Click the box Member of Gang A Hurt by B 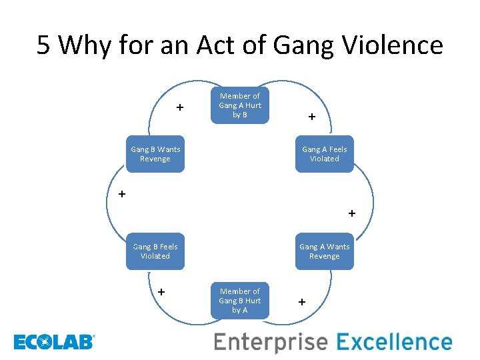(x=240, y=105)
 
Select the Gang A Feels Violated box (x=325, y=154)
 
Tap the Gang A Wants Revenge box (x=325, y=251)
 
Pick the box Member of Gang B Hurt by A (x=240, y=301)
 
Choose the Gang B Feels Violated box (x=155, y=251)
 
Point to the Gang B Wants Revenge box (x=155, y=154)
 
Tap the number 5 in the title (x=44, y=45)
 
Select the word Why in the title (x=82, y=45)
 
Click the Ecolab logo (x=54, y=343)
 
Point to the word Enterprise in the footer (x=271, y=343)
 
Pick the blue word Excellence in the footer (x=394, y=343)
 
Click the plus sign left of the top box (x=179, y=107)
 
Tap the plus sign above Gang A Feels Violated (x=311, y=117)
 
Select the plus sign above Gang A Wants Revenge (x=351, y=214)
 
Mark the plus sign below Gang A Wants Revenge (x=302, y=302)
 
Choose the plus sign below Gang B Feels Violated (x=161, y=291)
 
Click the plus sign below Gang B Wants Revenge (x=121, y=195)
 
